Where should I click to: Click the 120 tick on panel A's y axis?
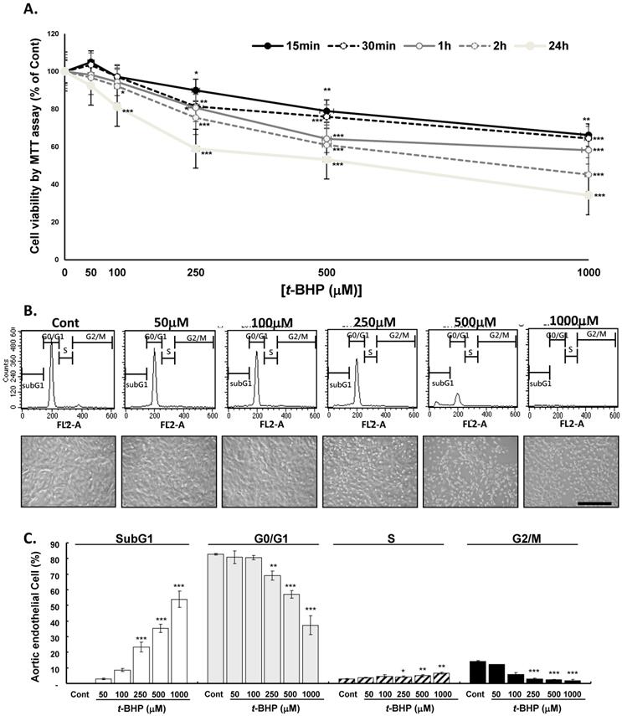(x=52, y=33)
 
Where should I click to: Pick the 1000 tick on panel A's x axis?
(x=590, y=274)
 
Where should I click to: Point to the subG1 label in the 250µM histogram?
(x=342, y=385)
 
